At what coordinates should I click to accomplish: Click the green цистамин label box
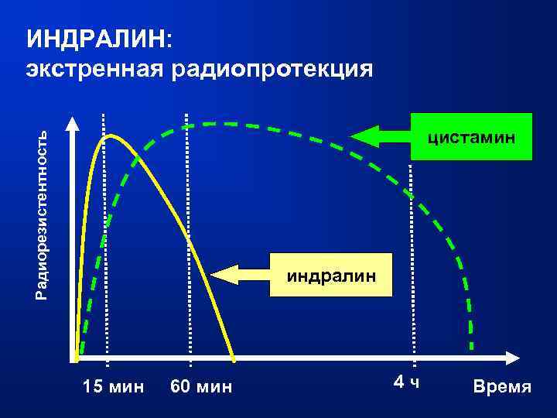point(471,137)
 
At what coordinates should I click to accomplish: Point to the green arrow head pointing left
point(364,136)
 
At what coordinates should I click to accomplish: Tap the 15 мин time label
point(113,385)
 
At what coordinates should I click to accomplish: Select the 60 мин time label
point(201,385)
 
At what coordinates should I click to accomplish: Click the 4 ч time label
point(406,382)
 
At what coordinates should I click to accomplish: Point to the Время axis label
point(502,386)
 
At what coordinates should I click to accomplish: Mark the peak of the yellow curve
point(111,136)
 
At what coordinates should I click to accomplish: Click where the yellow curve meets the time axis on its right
point(234,358)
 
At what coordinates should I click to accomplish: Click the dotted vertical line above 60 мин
point(187,232)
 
